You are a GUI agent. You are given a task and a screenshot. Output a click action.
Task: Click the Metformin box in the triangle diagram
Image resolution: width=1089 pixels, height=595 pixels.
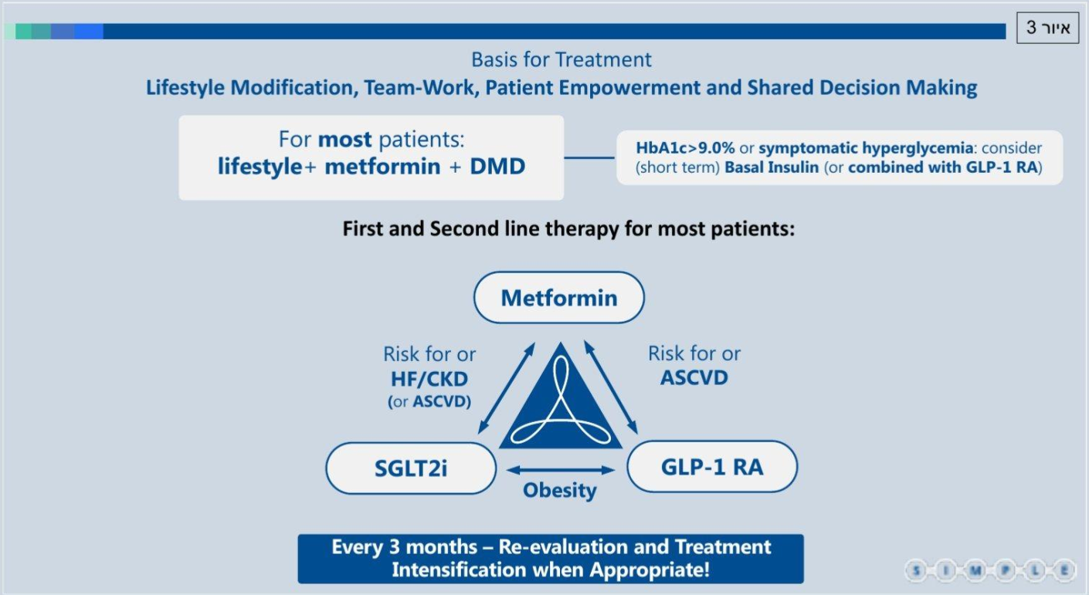point(559,297)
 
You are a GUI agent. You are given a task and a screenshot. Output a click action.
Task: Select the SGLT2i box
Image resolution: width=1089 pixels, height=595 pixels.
point(411,468)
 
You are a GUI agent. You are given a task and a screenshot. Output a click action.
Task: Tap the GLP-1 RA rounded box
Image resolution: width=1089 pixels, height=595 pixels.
point(712,466)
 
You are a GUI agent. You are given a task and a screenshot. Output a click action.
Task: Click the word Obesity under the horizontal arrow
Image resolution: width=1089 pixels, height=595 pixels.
point(560,490)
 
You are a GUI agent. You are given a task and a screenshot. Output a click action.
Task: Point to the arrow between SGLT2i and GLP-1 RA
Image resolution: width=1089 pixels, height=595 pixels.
point(561,470)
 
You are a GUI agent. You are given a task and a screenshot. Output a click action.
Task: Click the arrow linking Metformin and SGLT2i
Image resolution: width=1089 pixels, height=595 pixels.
point(507,388)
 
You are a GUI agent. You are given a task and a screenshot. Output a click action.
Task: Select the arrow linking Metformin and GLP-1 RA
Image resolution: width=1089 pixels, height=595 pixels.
point(611,387)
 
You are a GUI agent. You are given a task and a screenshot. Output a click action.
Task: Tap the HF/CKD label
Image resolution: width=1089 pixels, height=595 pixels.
point(429,379)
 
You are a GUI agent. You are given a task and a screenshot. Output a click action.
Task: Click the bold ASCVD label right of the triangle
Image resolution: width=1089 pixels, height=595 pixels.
point(694,377)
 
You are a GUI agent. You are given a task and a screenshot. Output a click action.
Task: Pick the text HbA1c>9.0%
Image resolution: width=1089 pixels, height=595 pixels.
point(685,147)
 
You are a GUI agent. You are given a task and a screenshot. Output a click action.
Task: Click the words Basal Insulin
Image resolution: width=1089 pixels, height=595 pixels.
point(772,167)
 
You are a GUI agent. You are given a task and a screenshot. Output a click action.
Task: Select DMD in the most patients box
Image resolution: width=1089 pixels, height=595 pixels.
point(497,166)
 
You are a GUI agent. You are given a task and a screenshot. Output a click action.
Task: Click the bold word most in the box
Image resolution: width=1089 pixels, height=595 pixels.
point(344,140)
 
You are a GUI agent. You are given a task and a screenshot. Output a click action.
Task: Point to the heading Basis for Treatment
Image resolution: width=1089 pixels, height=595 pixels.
point(561,59)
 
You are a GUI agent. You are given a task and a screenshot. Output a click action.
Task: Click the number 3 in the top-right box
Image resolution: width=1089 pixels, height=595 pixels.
point(1030,27)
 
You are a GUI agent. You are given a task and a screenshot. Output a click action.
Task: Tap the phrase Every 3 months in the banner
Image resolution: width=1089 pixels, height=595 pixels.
point(405,547)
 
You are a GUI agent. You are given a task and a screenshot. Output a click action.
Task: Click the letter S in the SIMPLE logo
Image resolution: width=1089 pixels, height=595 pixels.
point(917,570)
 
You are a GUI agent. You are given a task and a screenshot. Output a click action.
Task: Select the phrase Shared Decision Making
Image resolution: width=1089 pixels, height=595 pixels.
point(862,87)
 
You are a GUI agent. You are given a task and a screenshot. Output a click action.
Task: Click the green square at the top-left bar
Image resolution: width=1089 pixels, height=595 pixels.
point(24,31)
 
